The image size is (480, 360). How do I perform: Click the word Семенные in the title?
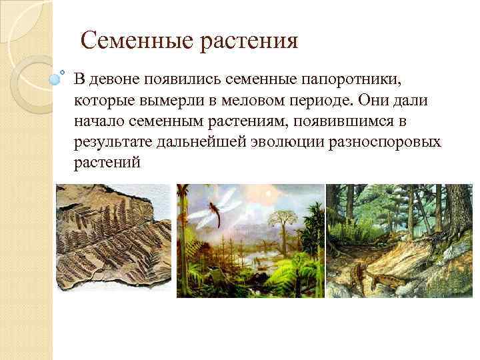click(x=136, y=42)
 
